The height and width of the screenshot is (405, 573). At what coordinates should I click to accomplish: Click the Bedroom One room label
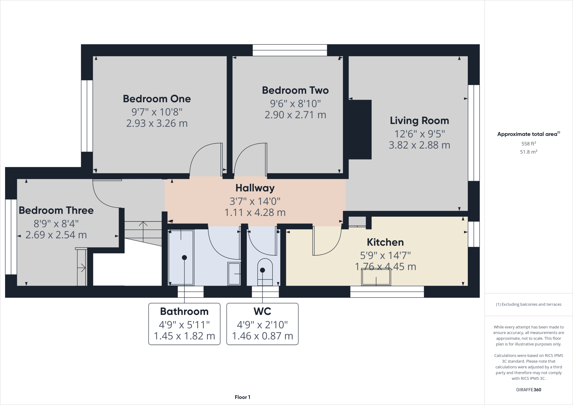157,99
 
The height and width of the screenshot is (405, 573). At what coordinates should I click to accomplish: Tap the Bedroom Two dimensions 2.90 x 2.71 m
295,115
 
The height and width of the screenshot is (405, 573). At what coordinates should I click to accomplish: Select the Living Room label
419,121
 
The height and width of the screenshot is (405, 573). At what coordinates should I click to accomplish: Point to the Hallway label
255,188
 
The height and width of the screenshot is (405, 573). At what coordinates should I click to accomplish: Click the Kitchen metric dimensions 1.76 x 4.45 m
385,267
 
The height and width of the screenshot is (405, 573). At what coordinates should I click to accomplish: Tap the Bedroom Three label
56,210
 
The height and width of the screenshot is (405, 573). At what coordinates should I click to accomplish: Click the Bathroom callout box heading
184,311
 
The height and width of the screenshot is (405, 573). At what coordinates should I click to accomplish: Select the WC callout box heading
262,311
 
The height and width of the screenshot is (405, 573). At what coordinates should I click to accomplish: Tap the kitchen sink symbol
376,277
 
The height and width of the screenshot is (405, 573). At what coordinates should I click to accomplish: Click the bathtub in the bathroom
181,257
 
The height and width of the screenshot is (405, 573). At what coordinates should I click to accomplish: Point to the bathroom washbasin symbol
234,274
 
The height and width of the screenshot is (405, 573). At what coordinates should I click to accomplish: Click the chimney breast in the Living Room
360,129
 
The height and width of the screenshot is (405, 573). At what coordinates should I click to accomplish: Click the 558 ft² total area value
528,143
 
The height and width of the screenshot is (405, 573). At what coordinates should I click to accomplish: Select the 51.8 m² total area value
528,152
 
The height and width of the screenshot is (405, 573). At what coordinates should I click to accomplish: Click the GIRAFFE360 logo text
528,390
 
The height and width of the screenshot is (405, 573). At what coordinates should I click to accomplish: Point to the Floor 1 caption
242,397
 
